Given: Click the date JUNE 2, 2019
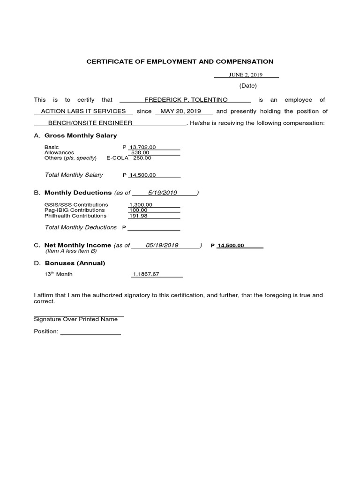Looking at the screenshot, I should coord(246,75).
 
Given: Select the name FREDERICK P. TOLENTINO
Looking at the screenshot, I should coord(186,100).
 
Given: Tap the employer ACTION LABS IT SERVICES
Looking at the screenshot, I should coord(83,111).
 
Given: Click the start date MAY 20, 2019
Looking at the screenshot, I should coord(180,111).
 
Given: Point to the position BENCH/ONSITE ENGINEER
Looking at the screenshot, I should coord(90,123).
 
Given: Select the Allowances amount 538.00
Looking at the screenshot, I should coord(140,152).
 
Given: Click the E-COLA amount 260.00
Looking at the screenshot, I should coord(142,158).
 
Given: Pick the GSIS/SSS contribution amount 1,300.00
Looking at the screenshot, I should coord(141,205).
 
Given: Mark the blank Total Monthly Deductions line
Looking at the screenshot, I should coord(154,228).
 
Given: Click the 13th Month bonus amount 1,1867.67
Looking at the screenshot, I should coord(146,274).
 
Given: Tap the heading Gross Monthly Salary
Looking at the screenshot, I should coord(81,135).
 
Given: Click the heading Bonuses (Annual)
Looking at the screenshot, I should coord(75,263).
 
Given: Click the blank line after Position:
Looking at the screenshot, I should coord(90,332).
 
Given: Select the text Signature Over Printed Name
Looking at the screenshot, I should coord(76,319).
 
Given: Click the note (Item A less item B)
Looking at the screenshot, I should coord(71,251).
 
